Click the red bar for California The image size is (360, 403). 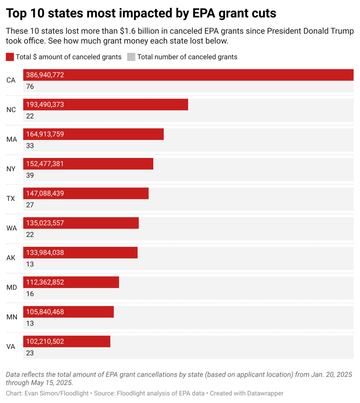point(211,75)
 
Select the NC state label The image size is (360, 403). point(11,110)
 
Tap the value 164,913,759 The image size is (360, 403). point(45,134)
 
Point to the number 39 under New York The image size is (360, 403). point(30,175)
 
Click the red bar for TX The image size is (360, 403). point(105,193)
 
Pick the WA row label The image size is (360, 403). point(12,228)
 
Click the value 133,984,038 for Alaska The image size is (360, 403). point(45,252)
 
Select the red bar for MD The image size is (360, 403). point(88,282)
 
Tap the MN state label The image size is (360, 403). point(12,317)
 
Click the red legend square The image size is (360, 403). point(10,57)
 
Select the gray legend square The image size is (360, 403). point(131,57)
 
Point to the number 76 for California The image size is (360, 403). point(30,86)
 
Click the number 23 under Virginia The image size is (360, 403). point(30,353)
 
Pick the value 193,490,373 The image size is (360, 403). point(45,104)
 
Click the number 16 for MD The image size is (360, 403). point(30,294)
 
